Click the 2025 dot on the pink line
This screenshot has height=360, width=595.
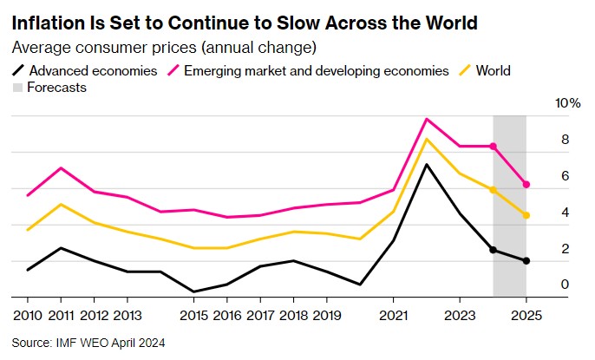pyautogui.click(x=526, y=184)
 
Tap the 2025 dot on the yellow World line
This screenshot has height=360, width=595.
pyautogui.click(x=526, y=215)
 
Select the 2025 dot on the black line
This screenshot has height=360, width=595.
pyautogui.click(x=526, y=261)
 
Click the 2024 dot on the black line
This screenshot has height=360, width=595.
pyautogui.click(x=494, y=250)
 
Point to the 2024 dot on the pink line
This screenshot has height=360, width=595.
pyautogui.click(x=494, y=146)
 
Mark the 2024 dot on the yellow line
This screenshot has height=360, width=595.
pyautogui.click(x=494, y=190)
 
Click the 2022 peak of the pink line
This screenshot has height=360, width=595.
pyautogui.click(x=427, y=119)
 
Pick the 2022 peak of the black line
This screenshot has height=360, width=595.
pyautogui.click(x=427, y=164)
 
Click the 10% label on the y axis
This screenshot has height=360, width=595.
pyautogui.click(x=568, y=103)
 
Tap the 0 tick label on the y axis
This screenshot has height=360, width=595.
pyautogui.click(x=565, y=285)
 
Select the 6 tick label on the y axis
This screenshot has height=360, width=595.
pyautogui.click(x=565, y=176)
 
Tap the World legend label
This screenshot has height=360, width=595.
pyautogui.click(x=492, y=69)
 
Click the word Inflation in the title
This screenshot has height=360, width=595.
pyautogui.click(x=48, y=22)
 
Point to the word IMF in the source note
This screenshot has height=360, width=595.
pyautogui.click(x=64, y=342)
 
